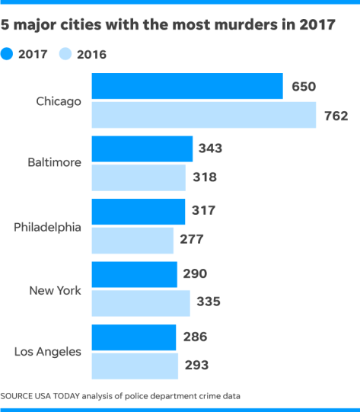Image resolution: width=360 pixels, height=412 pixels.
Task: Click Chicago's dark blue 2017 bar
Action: (186, 87)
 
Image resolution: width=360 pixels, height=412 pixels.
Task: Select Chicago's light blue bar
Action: (203, 115)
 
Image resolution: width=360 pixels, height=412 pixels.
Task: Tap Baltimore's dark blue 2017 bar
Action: (142, 149)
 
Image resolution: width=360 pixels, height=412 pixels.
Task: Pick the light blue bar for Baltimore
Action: (138, 177)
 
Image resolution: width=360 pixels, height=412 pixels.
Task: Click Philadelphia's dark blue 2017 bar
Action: (138, 211)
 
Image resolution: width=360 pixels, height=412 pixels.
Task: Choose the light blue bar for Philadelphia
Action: (132, 240)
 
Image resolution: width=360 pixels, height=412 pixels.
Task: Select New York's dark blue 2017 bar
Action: (134, 273)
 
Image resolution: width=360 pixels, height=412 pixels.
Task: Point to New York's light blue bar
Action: (141, 302)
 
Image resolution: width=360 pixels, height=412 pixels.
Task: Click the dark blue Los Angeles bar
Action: (133, 337)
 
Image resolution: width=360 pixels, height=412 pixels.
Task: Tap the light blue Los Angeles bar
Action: (135, 366)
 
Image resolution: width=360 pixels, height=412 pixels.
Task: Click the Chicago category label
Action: (59, 101)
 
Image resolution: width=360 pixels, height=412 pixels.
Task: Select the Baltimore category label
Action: (54, 163)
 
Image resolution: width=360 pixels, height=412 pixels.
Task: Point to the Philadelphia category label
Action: (47, 226)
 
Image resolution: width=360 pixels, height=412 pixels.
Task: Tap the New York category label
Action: (55, 289)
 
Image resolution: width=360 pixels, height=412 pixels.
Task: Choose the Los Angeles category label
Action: (48, 351)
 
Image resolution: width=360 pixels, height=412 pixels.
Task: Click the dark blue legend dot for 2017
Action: (7, 54)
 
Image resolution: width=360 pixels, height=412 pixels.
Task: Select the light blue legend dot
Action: (65, 54)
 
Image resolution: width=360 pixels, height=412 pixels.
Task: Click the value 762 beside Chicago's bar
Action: (335, 117)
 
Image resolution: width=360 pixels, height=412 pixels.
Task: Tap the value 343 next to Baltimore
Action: (210, 148)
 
